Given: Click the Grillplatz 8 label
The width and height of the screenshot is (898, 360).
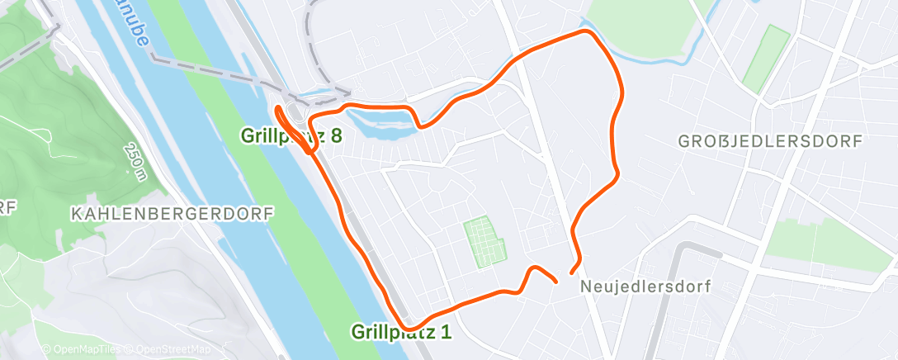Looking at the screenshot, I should click(x=291, y=135).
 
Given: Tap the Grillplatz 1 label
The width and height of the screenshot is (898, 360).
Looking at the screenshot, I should click(x=403, y=332).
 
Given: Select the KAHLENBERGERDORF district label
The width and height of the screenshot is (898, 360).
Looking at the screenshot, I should click(x=172, y=213).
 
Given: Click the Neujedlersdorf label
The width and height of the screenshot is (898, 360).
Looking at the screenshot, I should click(x=645, y=286).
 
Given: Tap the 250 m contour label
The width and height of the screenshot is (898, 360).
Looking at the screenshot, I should click(x=135, y=159).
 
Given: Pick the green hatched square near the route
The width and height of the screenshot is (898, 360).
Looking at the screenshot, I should click(x=484, y=241).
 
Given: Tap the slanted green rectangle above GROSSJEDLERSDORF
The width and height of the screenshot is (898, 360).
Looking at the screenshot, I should click(x=765, y=59).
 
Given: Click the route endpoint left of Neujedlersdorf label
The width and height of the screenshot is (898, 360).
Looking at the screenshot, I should click(x=555, y=281).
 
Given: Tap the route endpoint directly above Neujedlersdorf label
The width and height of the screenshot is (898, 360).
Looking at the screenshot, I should click(x=572, y=272).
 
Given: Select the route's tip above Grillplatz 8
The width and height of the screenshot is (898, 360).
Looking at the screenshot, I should click(x=277, y=108).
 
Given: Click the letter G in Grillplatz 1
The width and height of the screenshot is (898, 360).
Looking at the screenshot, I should click(x=358, y=332).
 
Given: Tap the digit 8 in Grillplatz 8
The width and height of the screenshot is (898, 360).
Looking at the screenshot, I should click(x=336, y=135).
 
